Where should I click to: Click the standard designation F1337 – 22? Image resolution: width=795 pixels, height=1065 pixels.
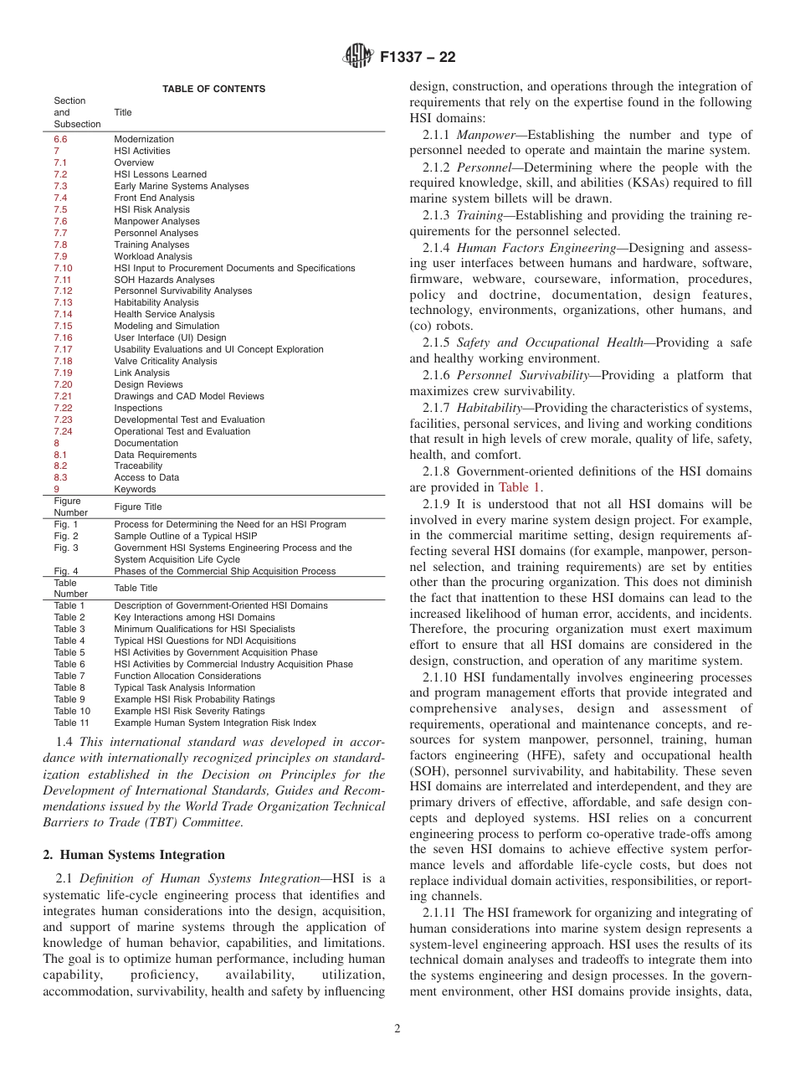pyautogui.click(x=417, y=58)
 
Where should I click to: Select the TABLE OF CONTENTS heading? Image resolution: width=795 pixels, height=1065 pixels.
pyautogui.click(x=213, y=89)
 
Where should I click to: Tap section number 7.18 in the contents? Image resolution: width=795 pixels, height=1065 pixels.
pyautogui.click(x=63, y=361)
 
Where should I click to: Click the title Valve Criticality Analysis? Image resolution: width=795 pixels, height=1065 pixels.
pyautogui.click(x=165, y=361)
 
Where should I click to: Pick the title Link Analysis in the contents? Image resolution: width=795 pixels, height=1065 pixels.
pyautogui.click(x=141, y=373)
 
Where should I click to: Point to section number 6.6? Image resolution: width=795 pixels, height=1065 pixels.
pyautogui.click(x=60, y=139)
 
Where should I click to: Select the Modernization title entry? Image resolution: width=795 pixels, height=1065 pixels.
pyautogui.click(x=144, y=139)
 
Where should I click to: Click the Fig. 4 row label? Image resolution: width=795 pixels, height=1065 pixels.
pyautogui.click(x=65, y=571)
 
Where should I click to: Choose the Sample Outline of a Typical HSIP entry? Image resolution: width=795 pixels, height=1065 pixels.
pyautogui.click(x=186, y=536)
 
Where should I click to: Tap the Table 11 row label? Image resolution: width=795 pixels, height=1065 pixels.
pyautogui.click(x=71, y=723)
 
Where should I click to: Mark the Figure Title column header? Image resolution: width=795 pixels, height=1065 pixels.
pyautogui.click(x=138, y=507)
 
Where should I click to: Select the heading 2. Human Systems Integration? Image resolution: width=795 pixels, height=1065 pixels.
pyautogui.click(x=134, y=855)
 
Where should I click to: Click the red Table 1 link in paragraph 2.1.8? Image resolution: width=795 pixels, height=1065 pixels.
pyautogui.click(x=519, y=486)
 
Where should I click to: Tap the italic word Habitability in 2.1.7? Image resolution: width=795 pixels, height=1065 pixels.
pyautogui.click(x=491, y=408)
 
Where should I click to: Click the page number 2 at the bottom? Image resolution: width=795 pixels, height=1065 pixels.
pyautogui.click(x=397, y=1029)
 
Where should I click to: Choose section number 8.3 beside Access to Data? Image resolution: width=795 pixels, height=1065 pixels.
pyautogui.click(x=60, y=477)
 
